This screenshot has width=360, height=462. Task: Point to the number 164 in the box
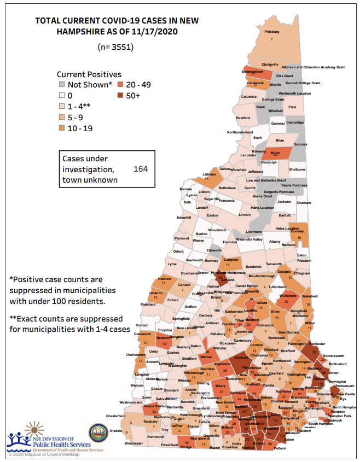coord(141,169)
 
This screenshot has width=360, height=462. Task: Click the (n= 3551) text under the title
coord(115,47)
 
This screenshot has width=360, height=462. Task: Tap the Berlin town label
coord(275,153)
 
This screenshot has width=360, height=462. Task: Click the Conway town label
coord(297,231)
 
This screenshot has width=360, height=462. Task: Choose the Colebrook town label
coord(255,83)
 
